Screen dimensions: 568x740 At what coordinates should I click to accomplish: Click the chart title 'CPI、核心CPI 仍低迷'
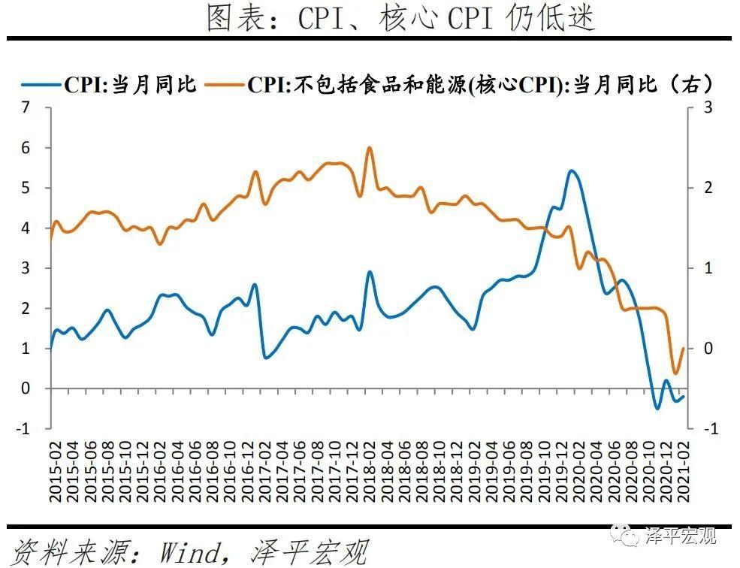[400, 18]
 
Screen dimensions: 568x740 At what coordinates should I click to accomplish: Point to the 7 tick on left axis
[26, 107]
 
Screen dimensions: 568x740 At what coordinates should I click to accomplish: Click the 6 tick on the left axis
[26, 148]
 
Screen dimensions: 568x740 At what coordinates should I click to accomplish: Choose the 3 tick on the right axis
[707, 107]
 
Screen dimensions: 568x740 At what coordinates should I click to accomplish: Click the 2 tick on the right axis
[707, 188]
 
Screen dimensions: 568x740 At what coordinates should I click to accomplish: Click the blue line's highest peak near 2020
[572, 171]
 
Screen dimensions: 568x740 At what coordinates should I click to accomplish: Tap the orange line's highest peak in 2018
[369, 147]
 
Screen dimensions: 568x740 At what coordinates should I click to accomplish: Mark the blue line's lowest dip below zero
[657, 409]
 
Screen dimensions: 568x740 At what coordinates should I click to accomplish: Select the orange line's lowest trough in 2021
[675, 373]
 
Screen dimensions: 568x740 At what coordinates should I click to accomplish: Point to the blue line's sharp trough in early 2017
[266, 357]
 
